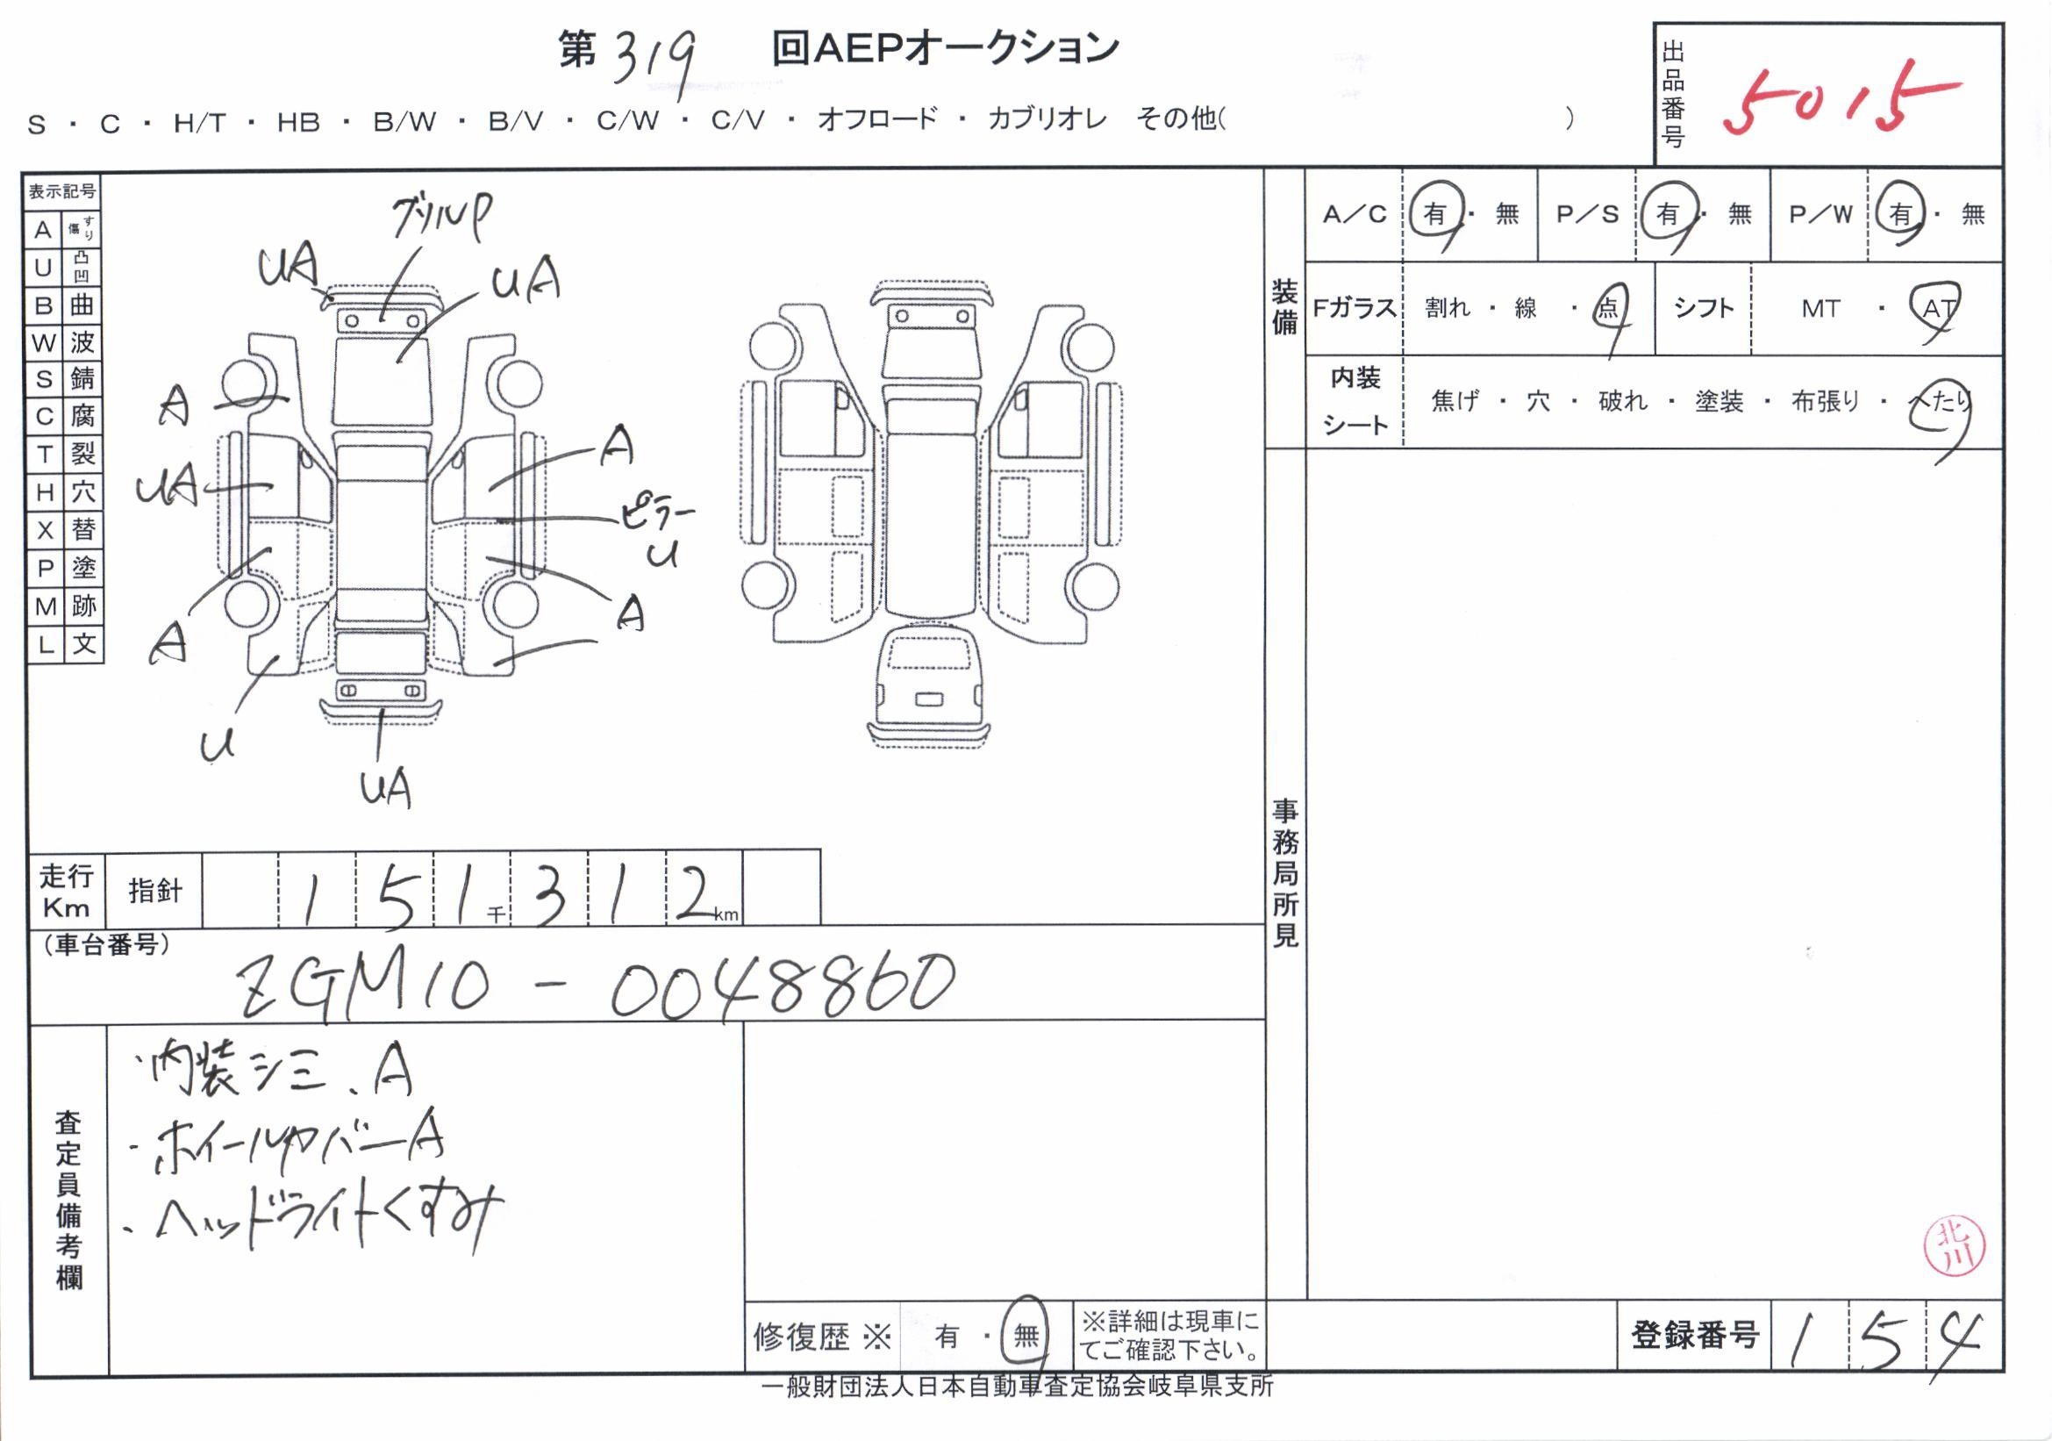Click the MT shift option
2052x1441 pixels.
point(1820,309)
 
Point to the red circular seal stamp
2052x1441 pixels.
point(1954,1246)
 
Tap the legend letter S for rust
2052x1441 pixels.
point(43,379)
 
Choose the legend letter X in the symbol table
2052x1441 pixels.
point(43,531)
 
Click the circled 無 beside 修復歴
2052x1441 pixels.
point(1025,1336)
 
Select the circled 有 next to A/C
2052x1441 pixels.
point(1434,214)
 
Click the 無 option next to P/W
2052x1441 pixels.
point(1972,214)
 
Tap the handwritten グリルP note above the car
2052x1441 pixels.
point(441,218)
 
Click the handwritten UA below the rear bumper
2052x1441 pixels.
point(385,788)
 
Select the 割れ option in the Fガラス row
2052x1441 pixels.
point(1447,308)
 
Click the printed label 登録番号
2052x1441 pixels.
point(1695,1335)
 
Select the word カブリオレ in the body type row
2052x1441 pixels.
point(1047,118)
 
